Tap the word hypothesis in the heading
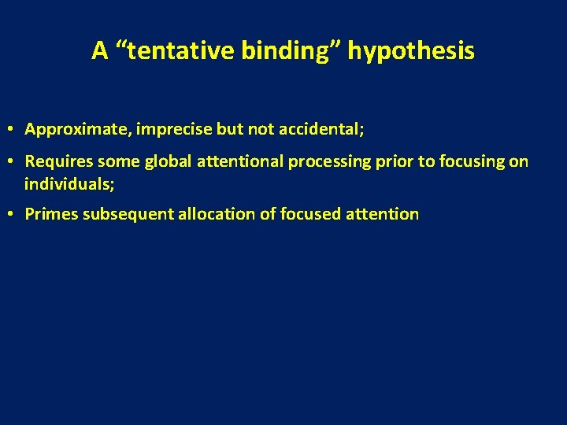tap(411, 51)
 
